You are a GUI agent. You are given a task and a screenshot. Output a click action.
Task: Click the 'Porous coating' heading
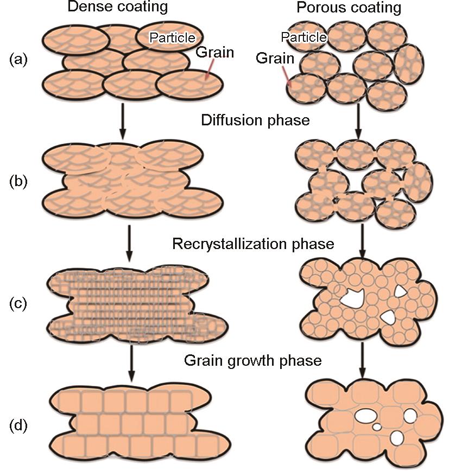pos(357,8)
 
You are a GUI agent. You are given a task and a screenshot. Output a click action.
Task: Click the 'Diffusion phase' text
pos(255,120)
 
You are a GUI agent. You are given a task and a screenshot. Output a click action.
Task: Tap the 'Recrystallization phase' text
pos(253,244)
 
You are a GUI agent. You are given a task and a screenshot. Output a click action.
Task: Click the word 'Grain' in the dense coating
pos(215,53)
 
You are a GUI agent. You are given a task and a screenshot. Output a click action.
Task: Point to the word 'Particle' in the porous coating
pos(304,37)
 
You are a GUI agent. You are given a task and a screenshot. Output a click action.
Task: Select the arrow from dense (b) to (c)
pos(129,244)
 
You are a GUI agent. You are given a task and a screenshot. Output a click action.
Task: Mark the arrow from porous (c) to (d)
pos(362,360)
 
